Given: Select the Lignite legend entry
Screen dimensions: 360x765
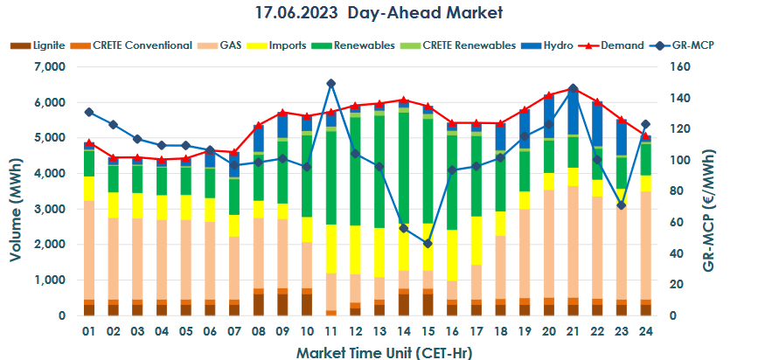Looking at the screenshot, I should click(x=36, y=45).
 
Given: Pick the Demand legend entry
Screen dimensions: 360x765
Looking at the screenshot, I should click(x=623, y=45).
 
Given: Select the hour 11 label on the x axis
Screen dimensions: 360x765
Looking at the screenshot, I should click(x=331, y=332).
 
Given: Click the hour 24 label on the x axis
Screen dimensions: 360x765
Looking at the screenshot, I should click(x=645, y=332).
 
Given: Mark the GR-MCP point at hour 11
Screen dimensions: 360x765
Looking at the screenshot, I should click(x=331, y=84).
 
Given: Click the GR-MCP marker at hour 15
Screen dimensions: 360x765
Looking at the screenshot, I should click(x=428, y=244).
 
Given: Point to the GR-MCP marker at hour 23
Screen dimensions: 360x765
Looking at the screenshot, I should click(x=621, y=205).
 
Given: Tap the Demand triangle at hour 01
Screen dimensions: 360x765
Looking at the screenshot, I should click(x=90, y=142).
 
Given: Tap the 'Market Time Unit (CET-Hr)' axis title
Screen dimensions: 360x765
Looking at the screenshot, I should click(x=367, y=351).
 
